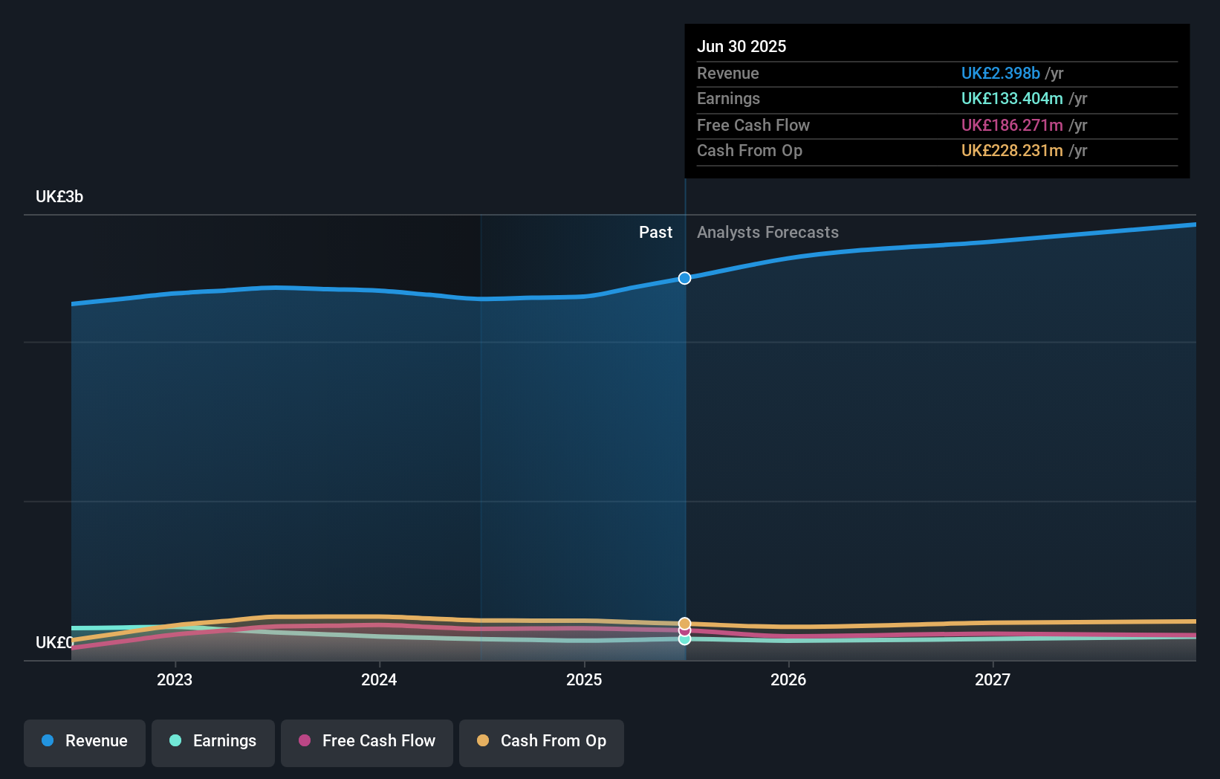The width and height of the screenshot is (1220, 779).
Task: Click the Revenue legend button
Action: pos(85,742)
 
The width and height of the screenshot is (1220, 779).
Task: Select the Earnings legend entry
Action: pos(213,742)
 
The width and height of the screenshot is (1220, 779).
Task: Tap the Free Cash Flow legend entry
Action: pos(367,742)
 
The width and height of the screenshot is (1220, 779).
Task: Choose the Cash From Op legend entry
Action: pos(542,742)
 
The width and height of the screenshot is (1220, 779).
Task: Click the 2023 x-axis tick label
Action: pos(175,679)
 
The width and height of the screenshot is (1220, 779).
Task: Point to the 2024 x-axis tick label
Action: pos(379,679)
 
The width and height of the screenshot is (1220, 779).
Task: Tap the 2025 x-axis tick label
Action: pos(584,679)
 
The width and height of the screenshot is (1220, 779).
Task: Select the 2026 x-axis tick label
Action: pos(788,679)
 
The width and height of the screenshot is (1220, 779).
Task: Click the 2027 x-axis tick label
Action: pos(993,679)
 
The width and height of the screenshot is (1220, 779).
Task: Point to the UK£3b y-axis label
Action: pos(59,197)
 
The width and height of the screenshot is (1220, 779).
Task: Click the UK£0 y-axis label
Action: pos(54,642)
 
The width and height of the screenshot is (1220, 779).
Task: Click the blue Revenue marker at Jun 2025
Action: pos(684,278)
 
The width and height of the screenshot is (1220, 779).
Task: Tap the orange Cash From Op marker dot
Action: pos(684,623)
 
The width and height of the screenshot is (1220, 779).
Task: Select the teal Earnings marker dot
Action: pos(684,639)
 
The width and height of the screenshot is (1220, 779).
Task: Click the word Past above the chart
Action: pos(655,233)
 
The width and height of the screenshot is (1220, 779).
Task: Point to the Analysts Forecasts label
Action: pos(768,233)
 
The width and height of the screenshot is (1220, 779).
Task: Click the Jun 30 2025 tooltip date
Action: pos(742,46)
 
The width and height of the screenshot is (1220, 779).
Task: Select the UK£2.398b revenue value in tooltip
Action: pos(1000,73)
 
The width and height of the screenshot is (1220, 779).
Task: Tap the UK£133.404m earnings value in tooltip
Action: pos(1011,99)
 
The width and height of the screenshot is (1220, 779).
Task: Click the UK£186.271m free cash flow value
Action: pos(1011,125)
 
